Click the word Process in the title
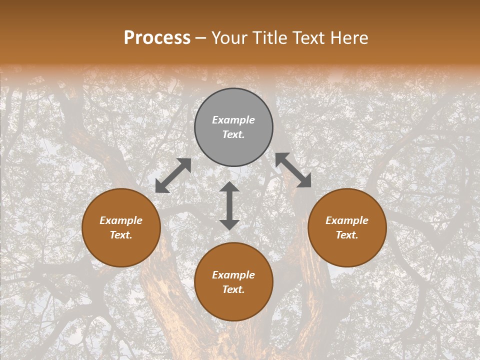pos(157,38)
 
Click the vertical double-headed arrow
pos(229,205)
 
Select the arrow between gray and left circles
pos(173,175)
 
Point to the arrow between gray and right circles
pos(293,170)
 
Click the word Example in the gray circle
pos(233,120)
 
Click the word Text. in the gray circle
pos(233,134)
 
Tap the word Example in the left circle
pos(121,220)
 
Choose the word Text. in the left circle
pos(121,235)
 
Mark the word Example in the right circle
pos(347,220)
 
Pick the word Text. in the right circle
pos(347,235)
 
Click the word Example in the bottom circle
pos(233,275)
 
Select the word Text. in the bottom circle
pos(233,289)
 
